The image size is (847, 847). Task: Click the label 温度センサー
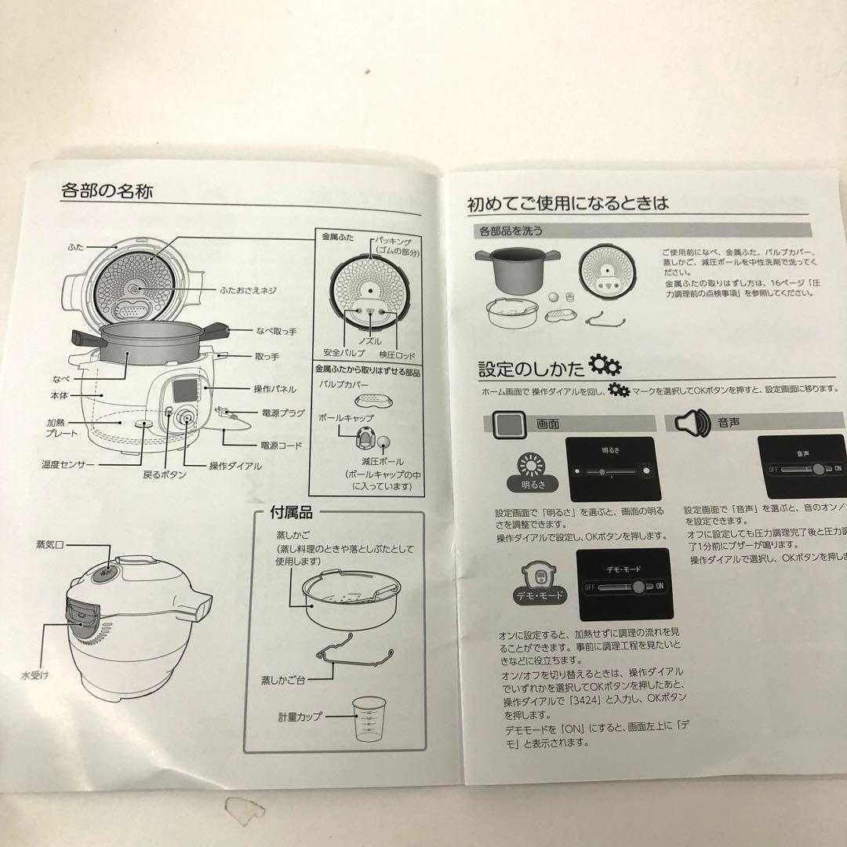click(68, 464)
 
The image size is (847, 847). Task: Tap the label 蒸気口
click(49, 543)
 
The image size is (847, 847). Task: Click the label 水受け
click(35, 674)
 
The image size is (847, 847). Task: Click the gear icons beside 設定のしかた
click(604, 365)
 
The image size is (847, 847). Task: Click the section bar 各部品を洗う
click(510, 231)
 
